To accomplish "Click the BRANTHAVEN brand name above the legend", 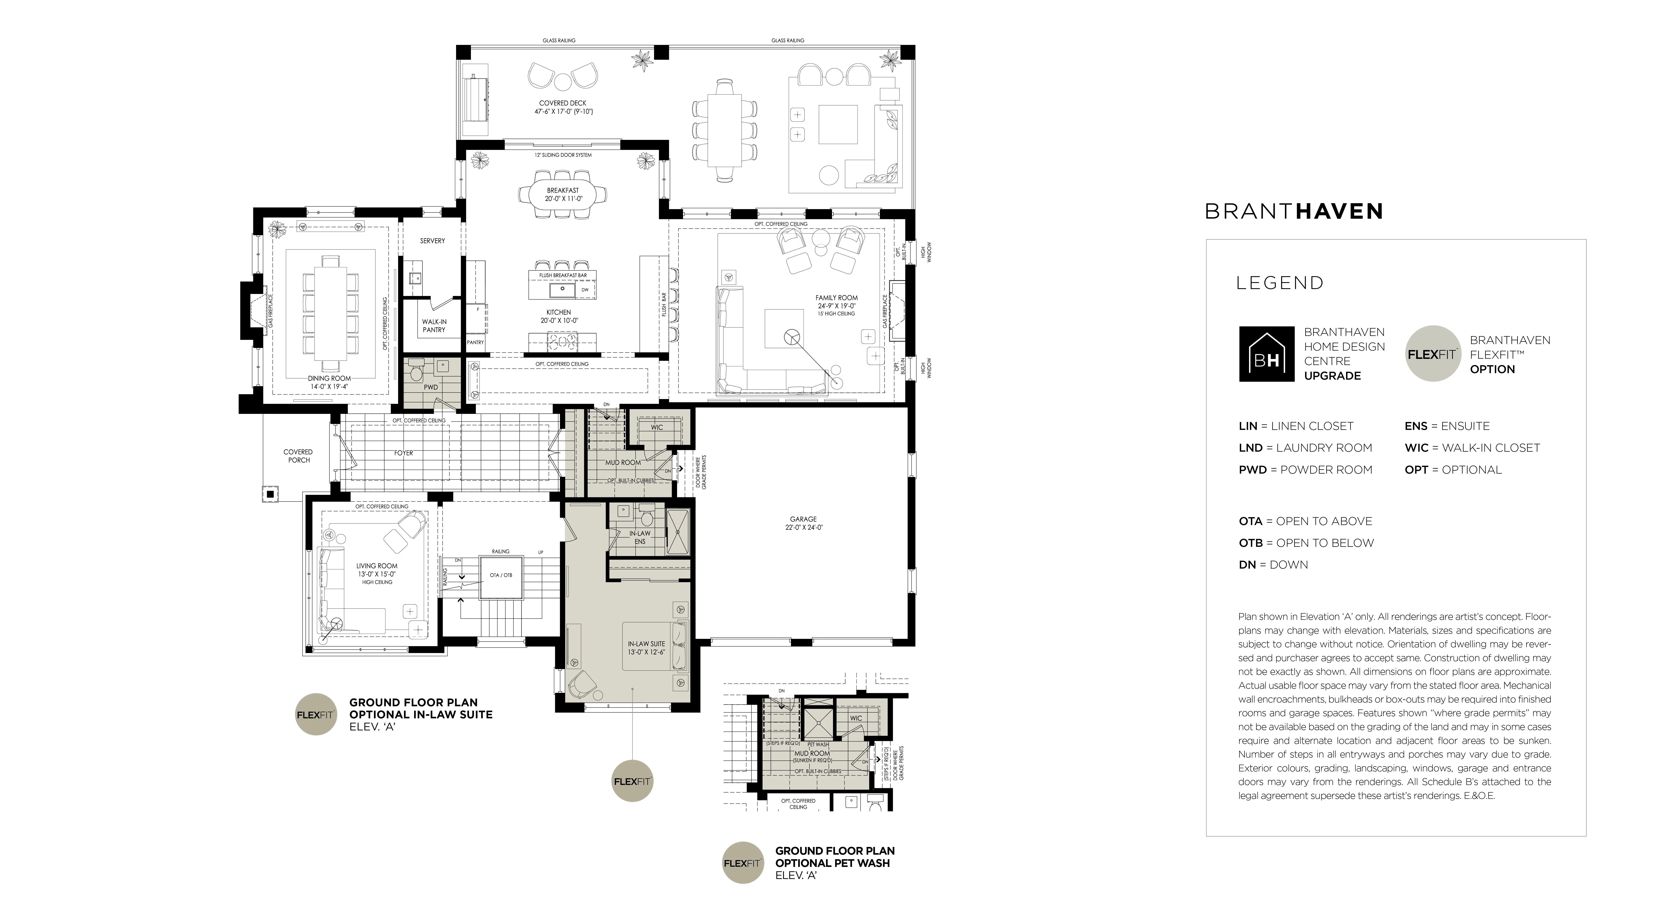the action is point(1293,211).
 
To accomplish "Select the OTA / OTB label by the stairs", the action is point(501,575).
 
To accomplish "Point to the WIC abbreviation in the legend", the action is point(1416,448).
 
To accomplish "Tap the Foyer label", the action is point(403,453).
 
